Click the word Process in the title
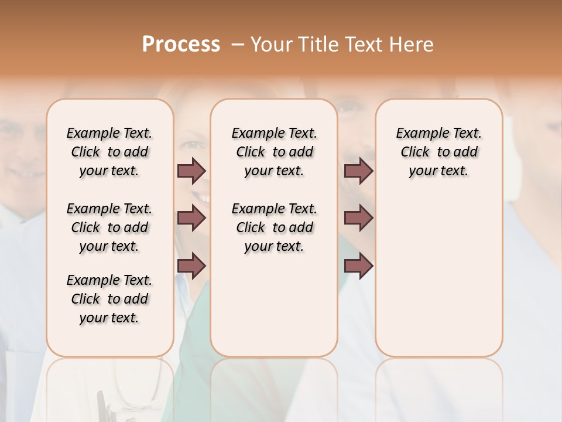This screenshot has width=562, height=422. [181, 45]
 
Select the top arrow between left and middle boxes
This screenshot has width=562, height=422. [191, 171]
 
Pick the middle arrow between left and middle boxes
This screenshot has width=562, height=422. [191, 219]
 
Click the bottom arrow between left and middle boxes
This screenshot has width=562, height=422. [191, 266]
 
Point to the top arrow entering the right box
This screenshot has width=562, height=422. [358, 171]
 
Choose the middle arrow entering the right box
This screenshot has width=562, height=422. [358, 219]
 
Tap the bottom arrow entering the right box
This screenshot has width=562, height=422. [358, 266]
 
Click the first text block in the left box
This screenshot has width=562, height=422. [109, 152]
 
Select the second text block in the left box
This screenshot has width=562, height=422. [109, 227]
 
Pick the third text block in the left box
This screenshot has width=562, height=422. [109, 299]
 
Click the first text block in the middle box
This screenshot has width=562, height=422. [274, 152]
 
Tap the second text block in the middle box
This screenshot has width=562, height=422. [274, 227]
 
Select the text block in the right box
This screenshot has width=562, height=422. [439, 152]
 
